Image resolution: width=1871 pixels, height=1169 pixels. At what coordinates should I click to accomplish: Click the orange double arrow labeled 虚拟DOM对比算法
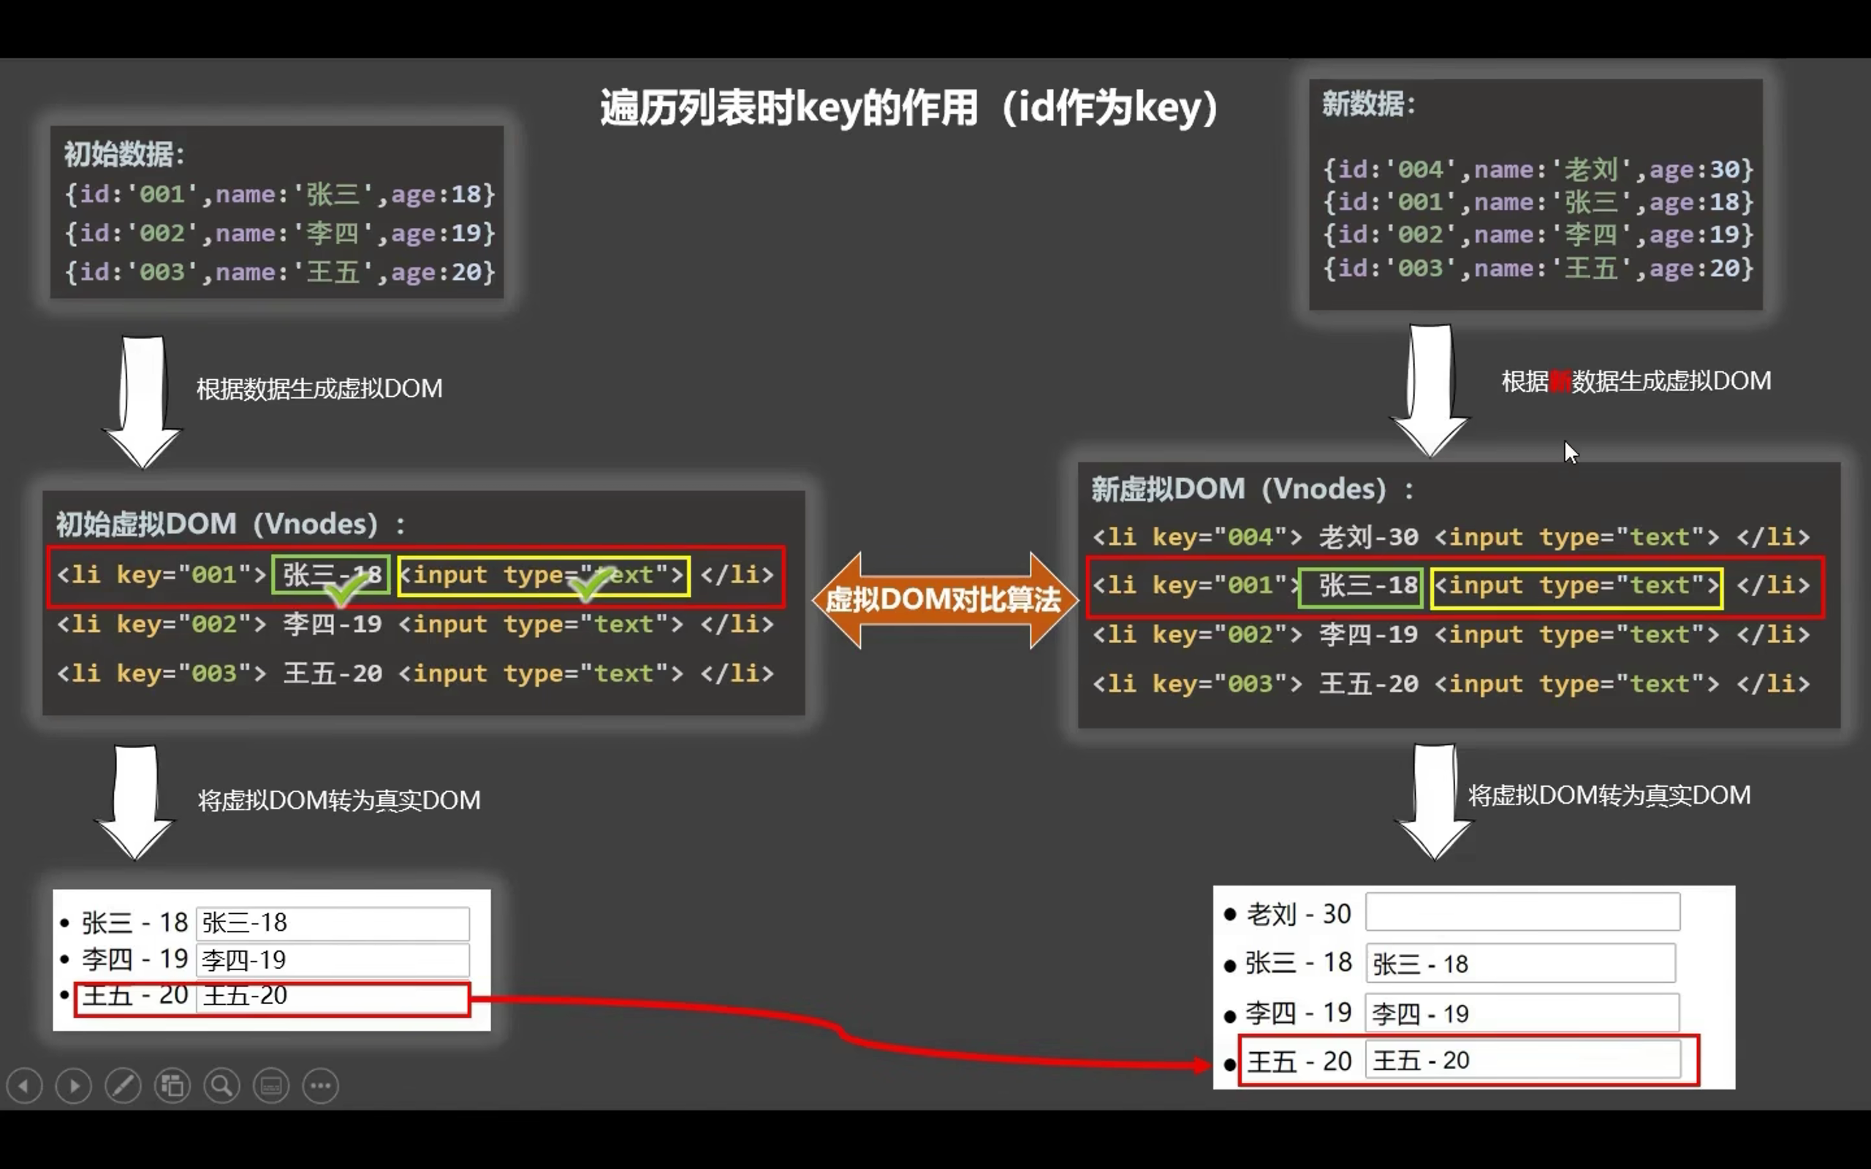[x=944, y=600]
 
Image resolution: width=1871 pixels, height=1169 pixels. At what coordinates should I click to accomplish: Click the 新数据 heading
[x=1367, y=104]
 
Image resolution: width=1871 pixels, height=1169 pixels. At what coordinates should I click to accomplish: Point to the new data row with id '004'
[x=1538, y=170]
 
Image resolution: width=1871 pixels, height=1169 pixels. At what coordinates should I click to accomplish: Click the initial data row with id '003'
[x=278, y=272]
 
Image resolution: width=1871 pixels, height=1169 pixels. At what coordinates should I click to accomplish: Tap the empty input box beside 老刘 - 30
[x=1522, y=913]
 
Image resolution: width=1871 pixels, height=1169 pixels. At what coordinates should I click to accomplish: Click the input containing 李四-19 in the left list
[x=333, y=960]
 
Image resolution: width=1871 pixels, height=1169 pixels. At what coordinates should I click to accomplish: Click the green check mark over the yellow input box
[x=591, y=585]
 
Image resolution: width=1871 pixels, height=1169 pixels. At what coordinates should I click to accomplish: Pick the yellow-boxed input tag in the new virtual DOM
[x=1576, y=586]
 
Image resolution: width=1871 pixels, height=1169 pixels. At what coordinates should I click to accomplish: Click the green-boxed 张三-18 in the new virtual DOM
[x=1361, y=586]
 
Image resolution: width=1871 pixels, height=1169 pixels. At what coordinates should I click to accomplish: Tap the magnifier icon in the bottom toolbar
[x=222, y=1086]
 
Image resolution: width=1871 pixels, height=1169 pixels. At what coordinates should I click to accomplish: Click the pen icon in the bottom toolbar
[x=123, y=1086]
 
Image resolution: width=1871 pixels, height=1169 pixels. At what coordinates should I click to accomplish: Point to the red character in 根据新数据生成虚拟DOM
[x=1560, y=381]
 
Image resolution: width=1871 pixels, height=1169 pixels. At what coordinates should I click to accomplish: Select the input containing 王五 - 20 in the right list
[x=1522, y=1060]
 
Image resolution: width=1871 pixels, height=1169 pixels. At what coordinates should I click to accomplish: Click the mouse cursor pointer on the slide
[x=1570, y=452]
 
